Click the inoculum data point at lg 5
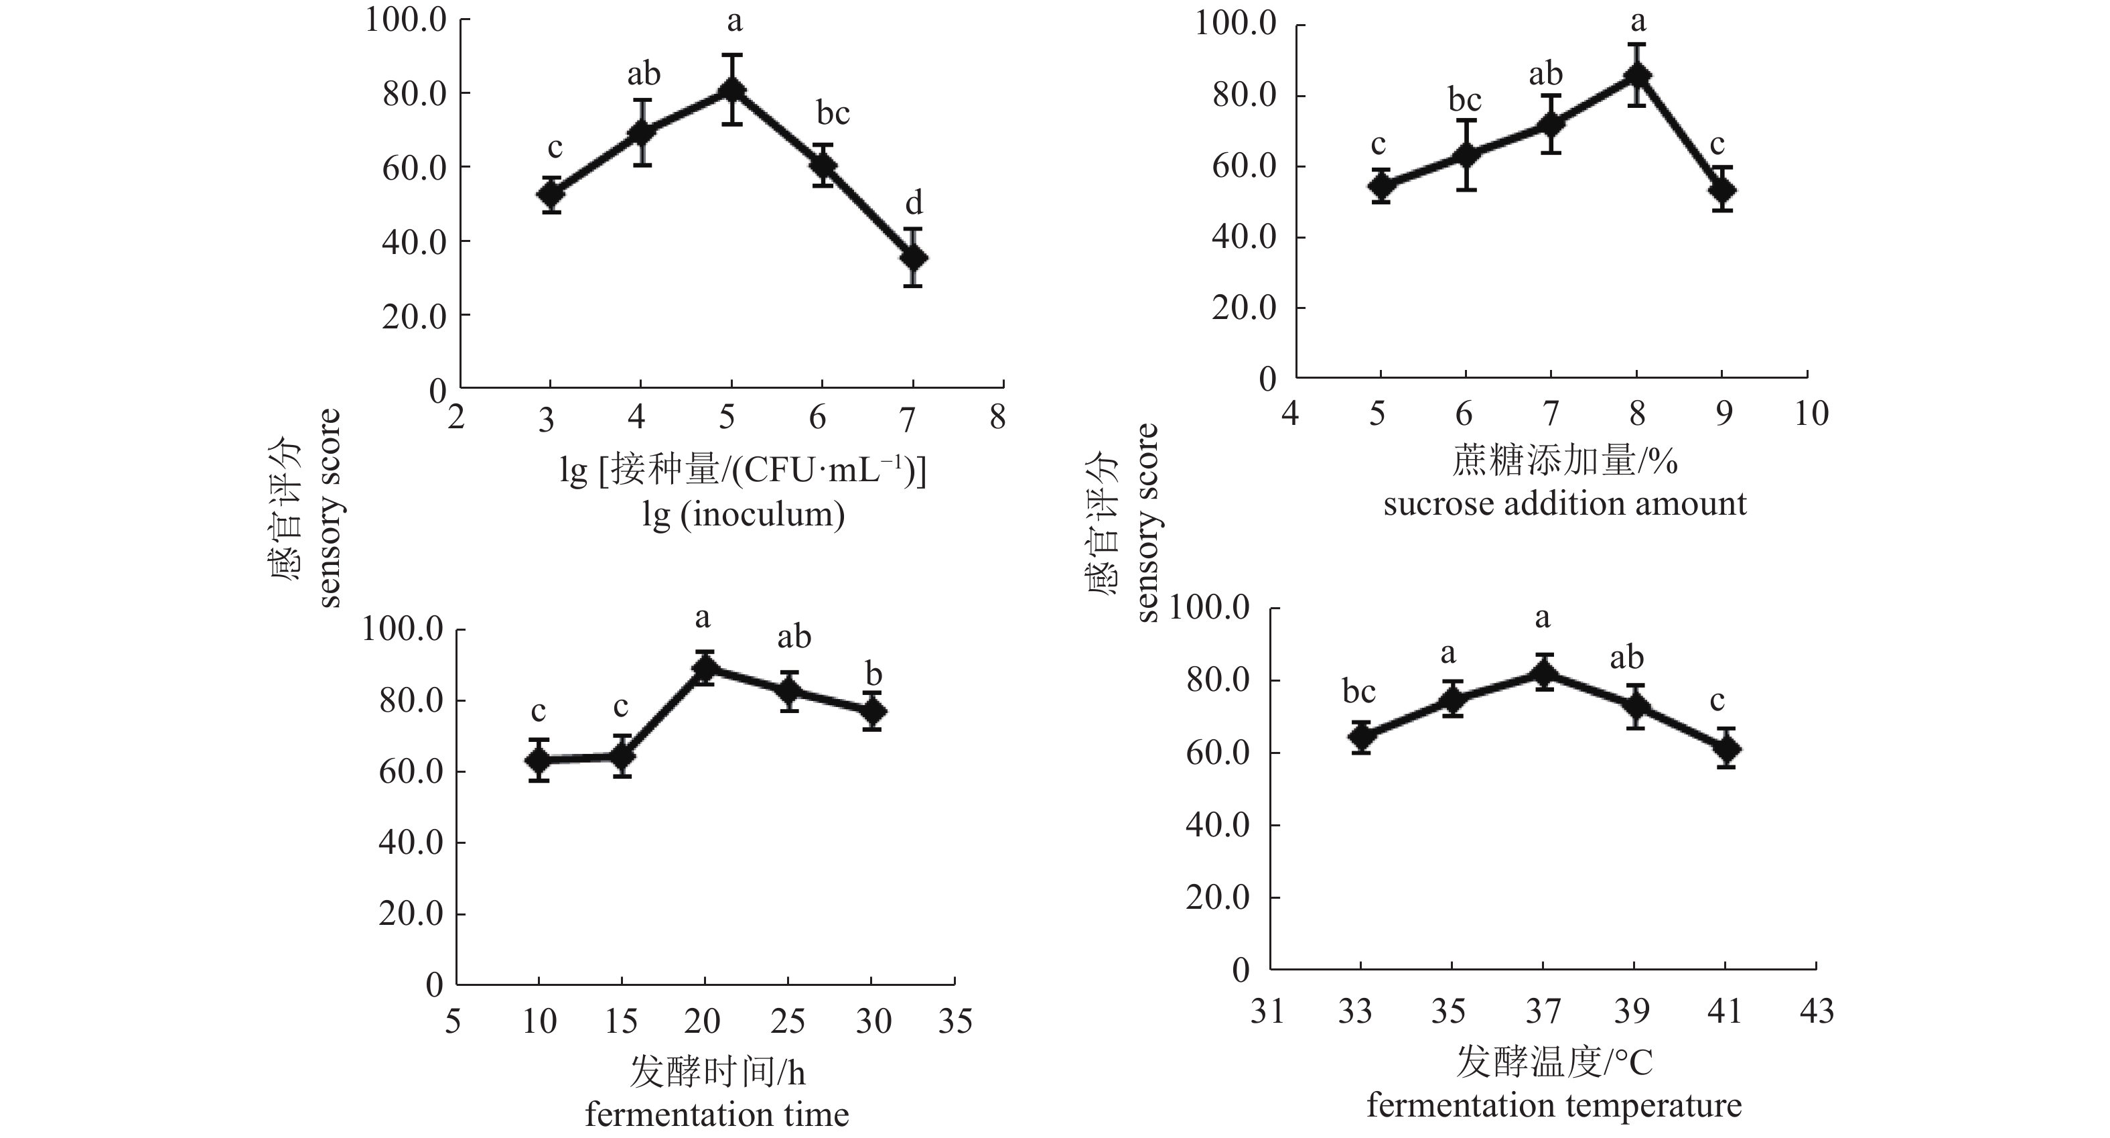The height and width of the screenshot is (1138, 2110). tap(731, 89)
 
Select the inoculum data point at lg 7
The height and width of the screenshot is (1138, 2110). tap(913, 257)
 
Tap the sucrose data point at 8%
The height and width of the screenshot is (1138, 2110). tap(1636, 75)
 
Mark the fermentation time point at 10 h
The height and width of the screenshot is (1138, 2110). tap(538, 760)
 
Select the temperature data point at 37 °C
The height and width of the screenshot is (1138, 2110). tap(1544, 673)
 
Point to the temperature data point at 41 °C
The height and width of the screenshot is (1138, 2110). tap(1726, 748)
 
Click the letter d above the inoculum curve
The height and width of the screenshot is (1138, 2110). tap(913, 202)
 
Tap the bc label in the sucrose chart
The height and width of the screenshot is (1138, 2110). tap(1464, 100)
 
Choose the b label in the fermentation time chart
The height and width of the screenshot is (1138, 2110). tap(874, 674)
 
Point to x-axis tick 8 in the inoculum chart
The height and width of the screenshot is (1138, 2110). tap(997, 418)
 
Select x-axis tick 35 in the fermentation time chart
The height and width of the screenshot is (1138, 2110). tap(955, 1021)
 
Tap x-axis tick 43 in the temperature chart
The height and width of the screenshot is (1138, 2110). tap(1817, 1012)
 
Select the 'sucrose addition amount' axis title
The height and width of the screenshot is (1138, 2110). tap(1565, 503)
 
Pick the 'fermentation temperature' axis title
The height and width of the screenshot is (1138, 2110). tap(1554, 1105)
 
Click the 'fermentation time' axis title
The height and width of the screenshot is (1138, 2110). tap(717, 1115)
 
